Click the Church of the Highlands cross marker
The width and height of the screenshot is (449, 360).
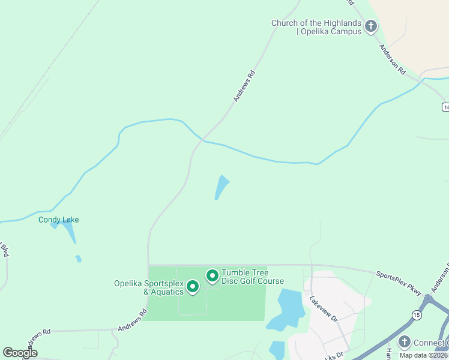tap(372, 26)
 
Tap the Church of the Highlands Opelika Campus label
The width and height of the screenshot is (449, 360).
tap(316, 27)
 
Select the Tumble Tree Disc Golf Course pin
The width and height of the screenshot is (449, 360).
tap(212, 276)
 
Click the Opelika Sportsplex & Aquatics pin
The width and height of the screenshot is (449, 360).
tap(193, 287)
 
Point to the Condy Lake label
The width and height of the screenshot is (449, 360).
tap(58, 220)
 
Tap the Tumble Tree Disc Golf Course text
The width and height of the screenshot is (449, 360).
tap(252, 277)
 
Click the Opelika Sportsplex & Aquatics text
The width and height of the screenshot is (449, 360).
tap(149, 287)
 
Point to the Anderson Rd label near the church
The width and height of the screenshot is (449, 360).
tap(392, 59)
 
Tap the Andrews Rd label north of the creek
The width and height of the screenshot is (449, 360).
tap(245, 86)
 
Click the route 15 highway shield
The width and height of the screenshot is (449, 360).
tap(417, 314)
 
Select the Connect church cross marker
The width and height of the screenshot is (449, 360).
tap(404, 342)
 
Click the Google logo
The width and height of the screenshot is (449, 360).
tap(20, 352)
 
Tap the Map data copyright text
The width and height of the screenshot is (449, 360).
tap(424, 355)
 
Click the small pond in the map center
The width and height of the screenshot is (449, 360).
tap(221, 187)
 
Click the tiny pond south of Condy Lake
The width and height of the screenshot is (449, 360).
tap(78, 259)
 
